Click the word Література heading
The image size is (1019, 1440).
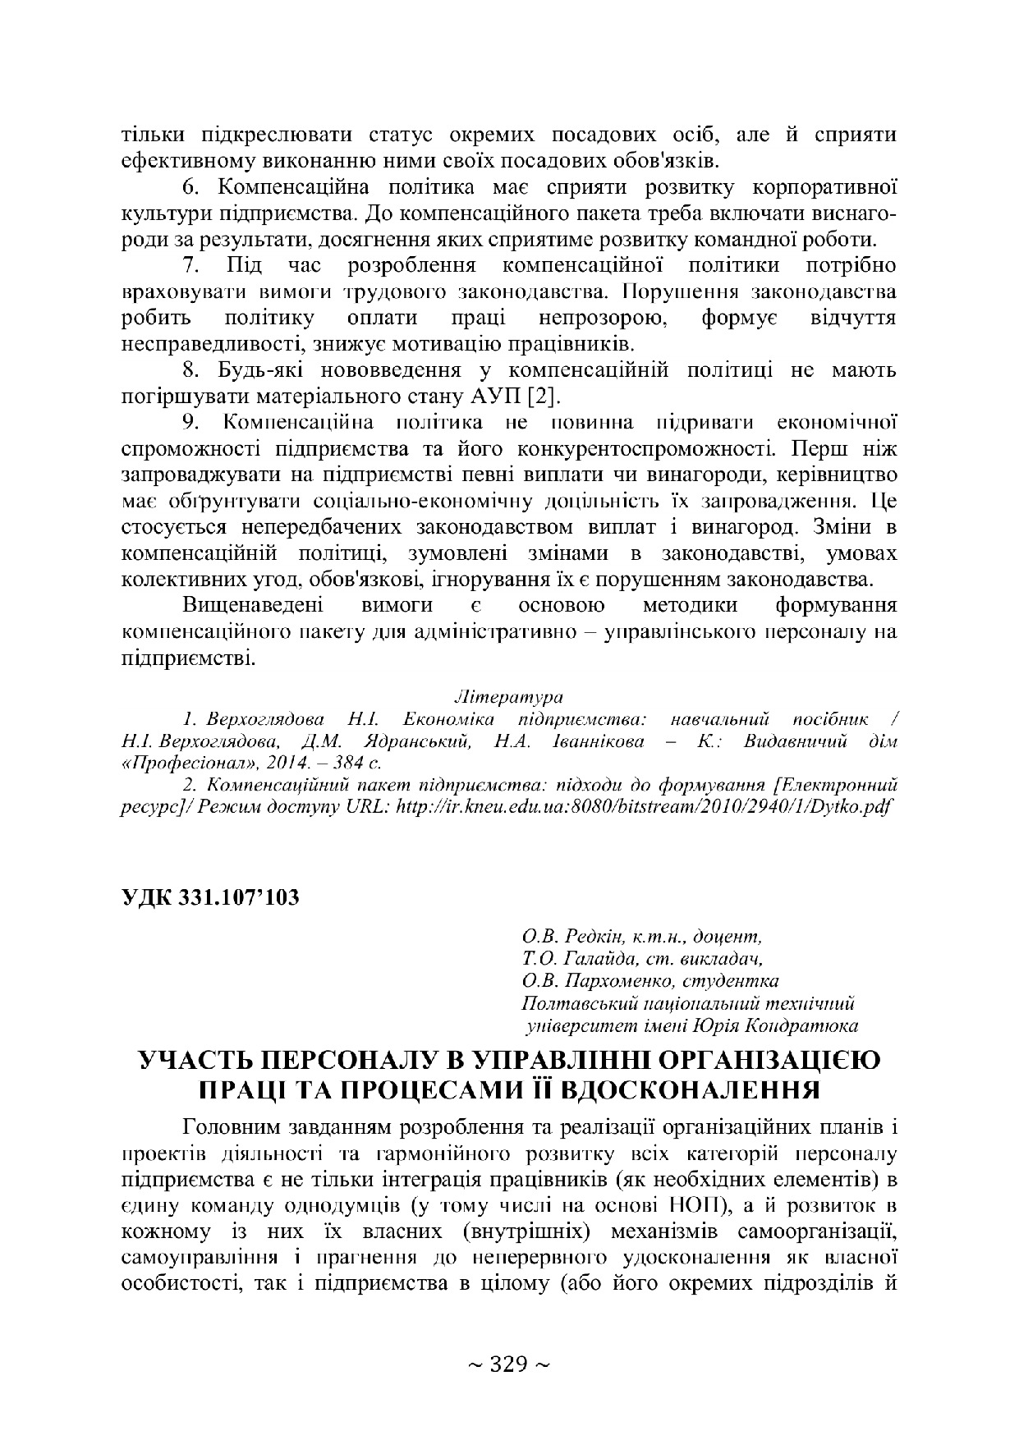click(x=509, y=698)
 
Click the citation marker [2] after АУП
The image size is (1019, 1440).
click(x=544, y=398)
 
